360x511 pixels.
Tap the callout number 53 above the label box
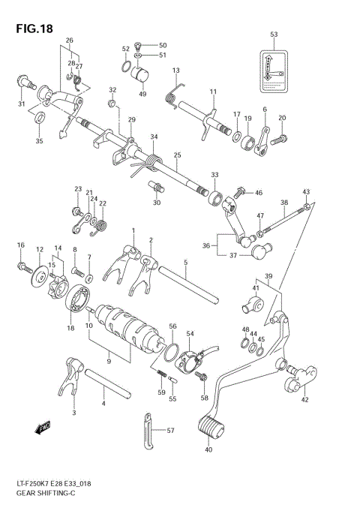pos(273,35)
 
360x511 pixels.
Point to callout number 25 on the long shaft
pos(177,155)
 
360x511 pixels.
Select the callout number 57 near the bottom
pos(170,431)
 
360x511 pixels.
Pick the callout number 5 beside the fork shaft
pos(184,263)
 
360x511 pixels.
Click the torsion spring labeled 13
pos(171,92)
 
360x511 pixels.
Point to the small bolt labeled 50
pos(138,45)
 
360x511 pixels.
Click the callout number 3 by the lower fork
pos(73,413)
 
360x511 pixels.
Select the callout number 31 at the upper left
pos(22,104)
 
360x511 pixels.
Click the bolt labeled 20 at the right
pos(279,139)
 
